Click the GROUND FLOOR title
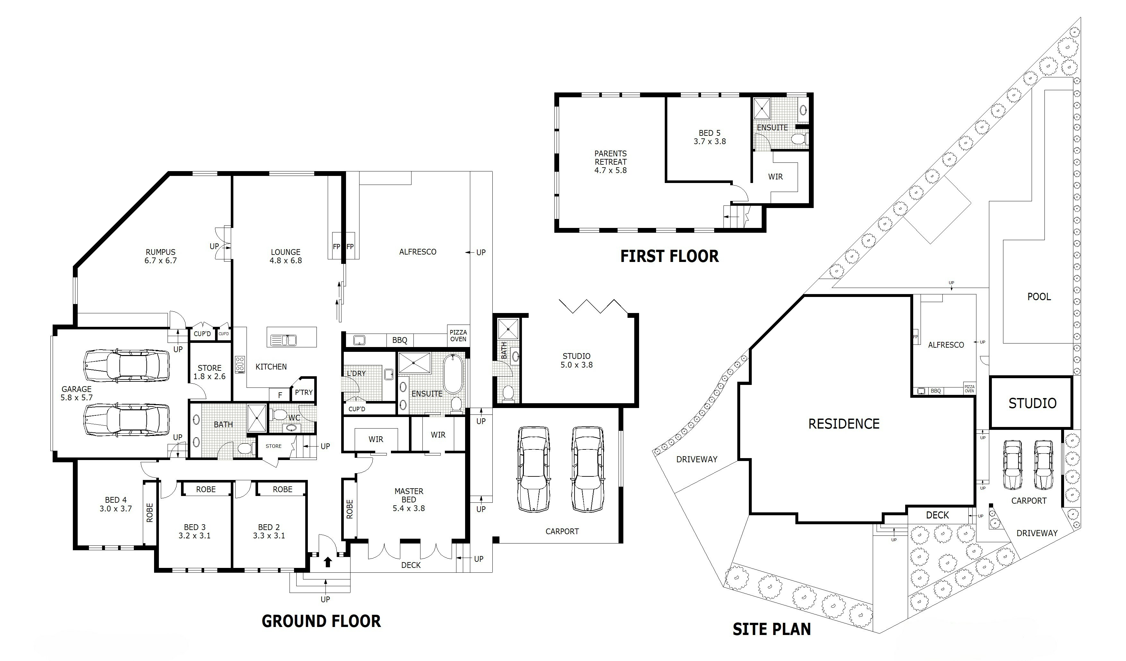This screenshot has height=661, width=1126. (321, 621)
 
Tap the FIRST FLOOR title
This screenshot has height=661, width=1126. (669, 256)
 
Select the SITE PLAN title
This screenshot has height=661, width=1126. (772, 629)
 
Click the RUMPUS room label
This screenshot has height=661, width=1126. (160, 252)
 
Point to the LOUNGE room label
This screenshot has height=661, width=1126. (286, 252)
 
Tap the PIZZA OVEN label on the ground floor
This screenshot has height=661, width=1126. (458, 336)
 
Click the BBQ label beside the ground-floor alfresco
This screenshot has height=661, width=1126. (400, 340)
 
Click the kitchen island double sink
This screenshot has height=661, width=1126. (283, 341)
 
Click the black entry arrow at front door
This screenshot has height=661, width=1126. (327, 562)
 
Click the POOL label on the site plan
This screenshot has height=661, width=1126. (1039, 297)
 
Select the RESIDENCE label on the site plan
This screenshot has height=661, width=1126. (844, 424)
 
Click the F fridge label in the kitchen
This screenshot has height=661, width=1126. (280, 396)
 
